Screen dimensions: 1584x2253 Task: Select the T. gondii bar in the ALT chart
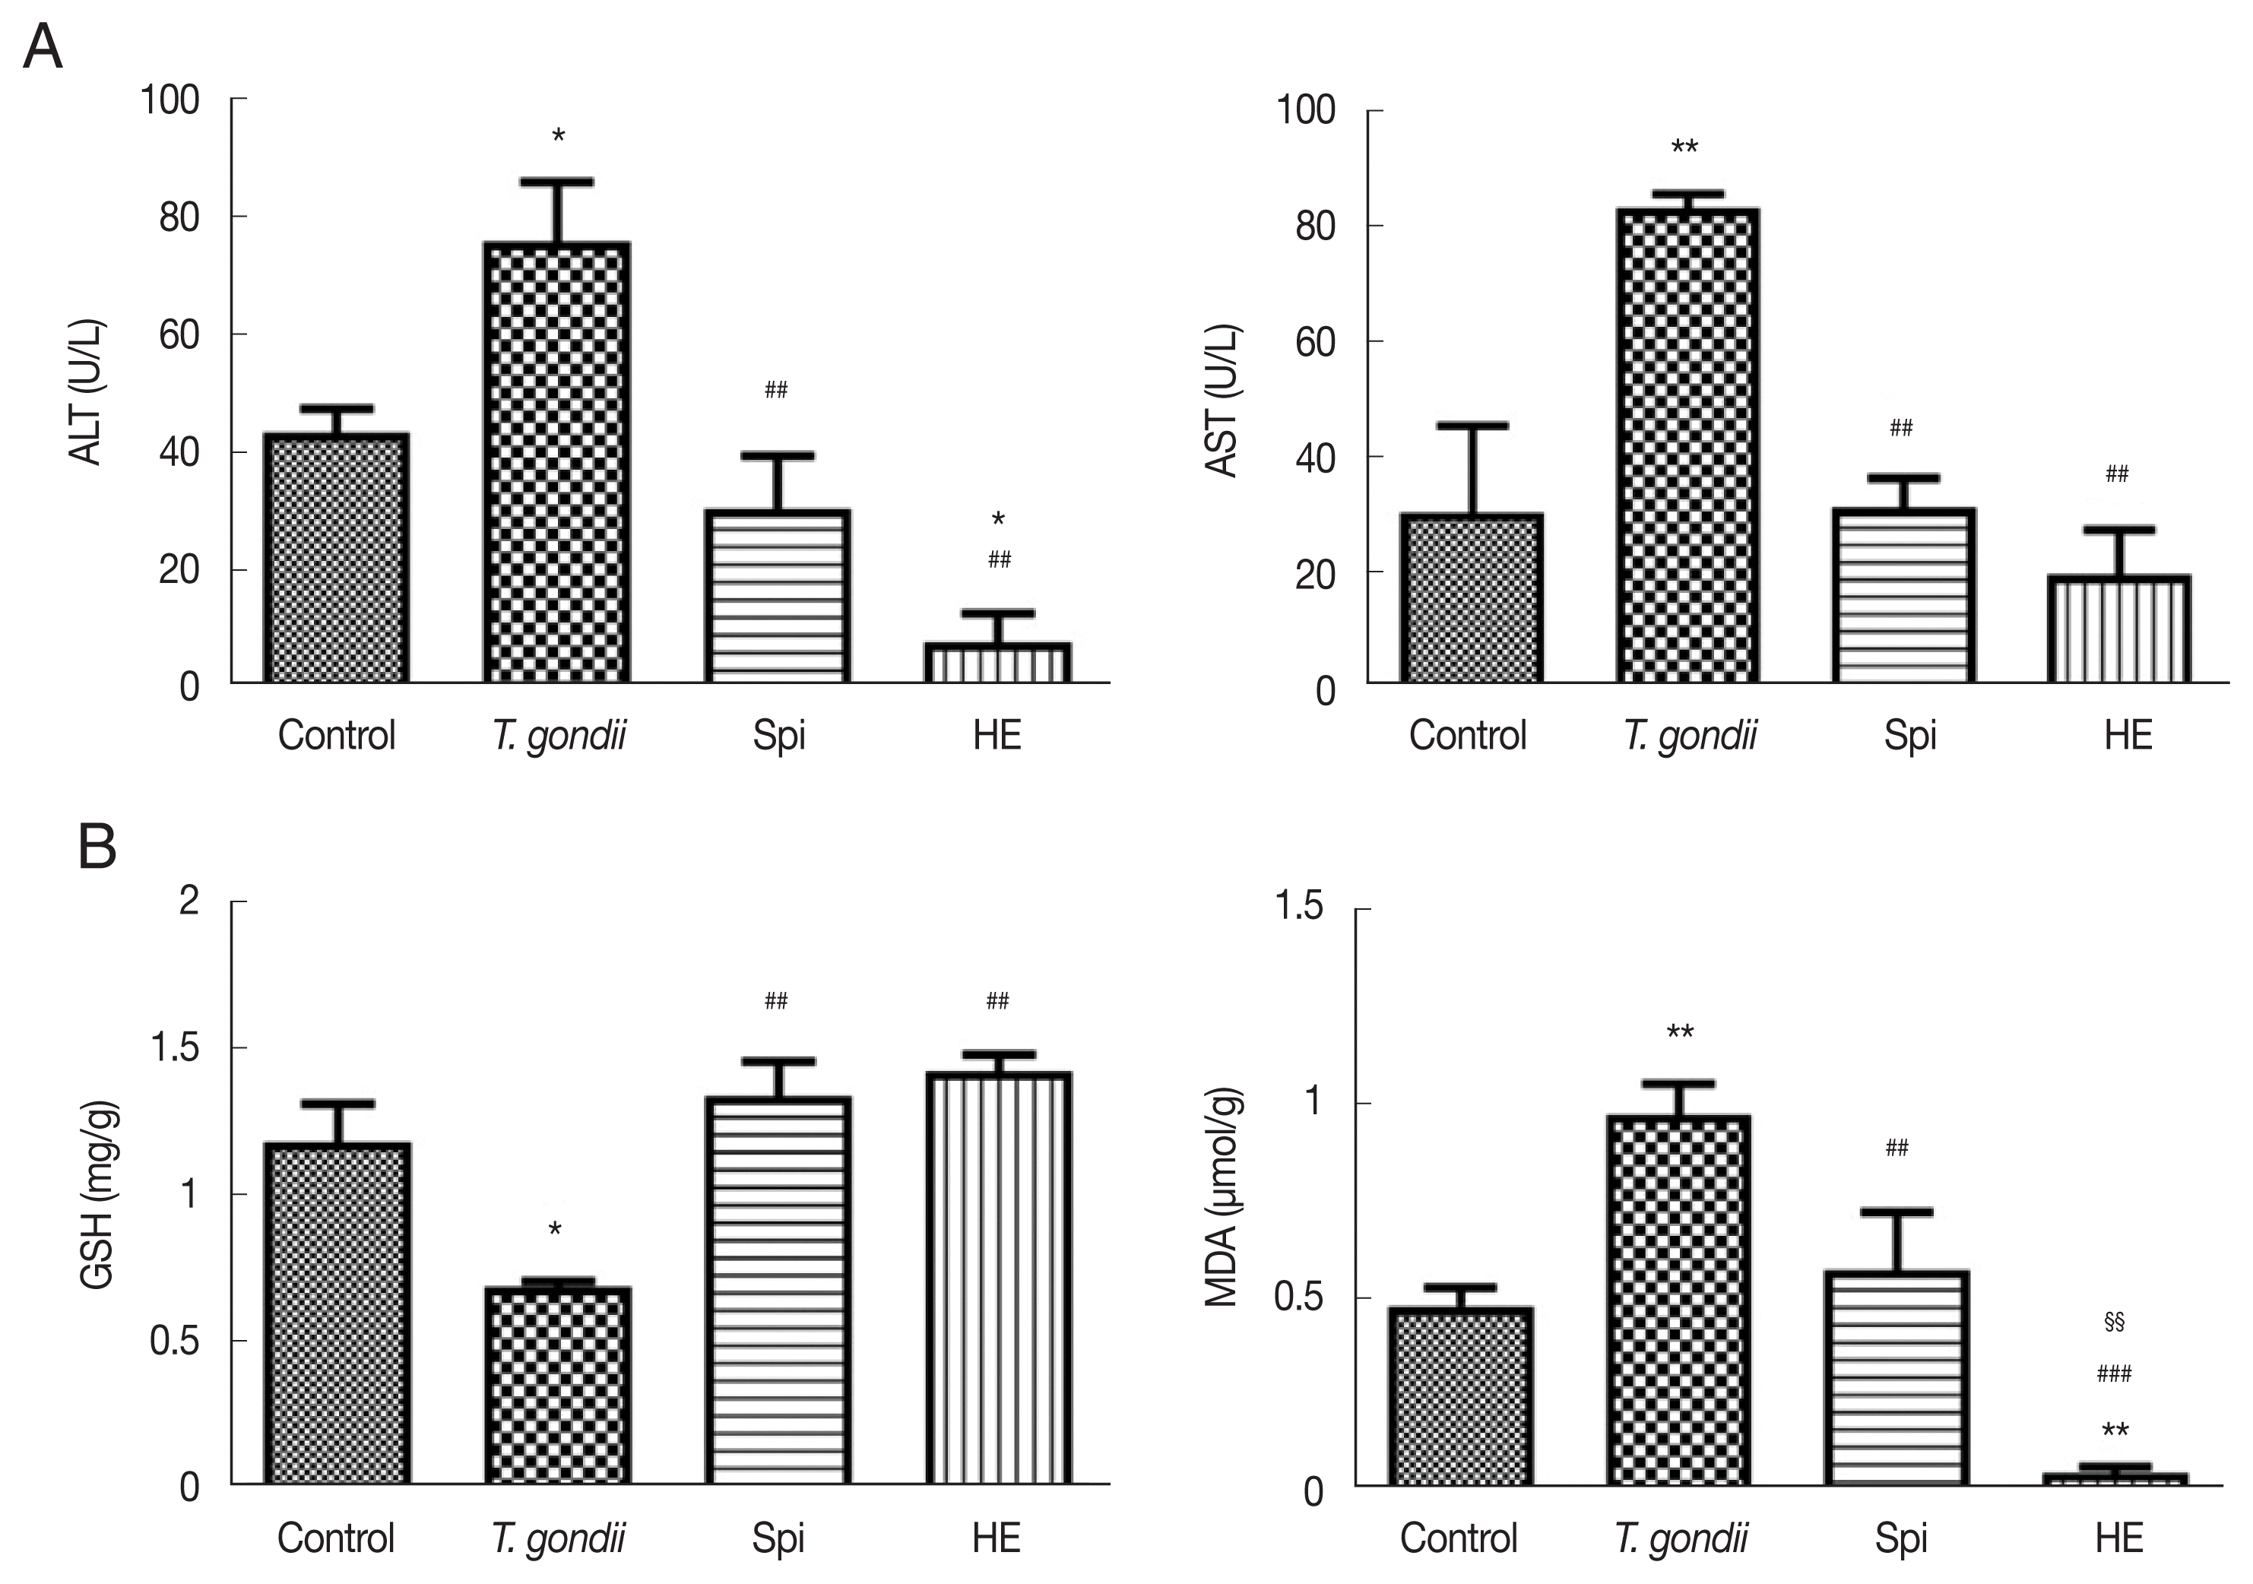[x=557, y=461]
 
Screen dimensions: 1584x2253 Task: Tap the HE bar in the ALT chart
[x=997, y=663]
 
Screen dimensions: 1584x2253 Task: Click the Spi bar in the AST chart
[x=1903, y=596]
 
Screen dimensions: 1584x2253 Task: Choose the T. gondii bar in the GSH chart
[x=557, y=1385]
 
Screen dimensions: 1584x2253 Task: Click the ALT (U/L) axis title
[x=87, y=391]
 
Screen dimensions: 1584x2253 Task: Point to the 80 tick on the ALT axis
[x=179, y=217]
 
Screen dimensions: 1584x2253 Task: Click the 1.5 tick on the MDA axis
[x=1298, y=907]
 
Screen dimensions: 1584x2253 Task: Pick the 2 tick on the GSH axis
[x=189, y=900]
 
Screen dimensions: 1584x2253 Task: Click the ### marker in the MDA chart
[x=2114, y=1374]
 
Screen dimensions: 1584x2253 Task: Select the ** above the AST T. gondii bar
[x=1684, y=148]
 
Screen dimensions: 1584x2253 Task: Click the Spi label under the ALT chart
[x=779, y=735]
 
